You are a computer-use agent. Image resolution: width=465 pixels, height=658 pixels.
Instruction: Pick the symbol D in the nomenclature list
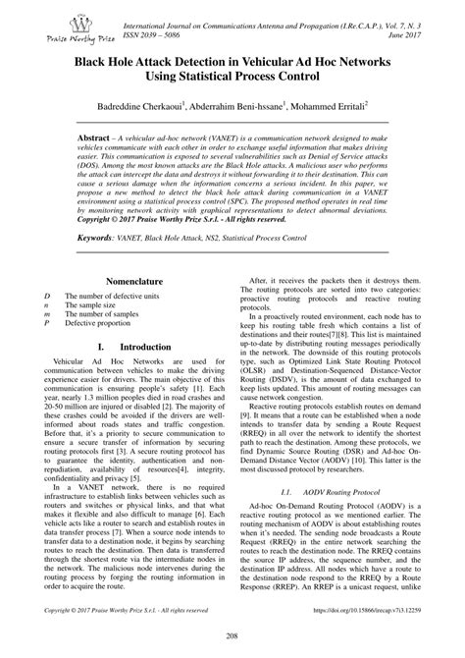point(46,296)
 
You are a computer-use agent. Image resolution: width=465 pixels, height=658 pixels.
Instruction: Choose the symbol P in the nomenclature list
point(46,322)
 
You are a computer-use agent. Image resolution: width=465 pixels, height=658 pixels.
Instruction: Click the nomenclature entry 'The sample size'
point(92,304)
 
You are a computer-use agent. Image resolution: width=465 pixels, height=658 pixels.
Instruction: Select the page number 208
point(232,639)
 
